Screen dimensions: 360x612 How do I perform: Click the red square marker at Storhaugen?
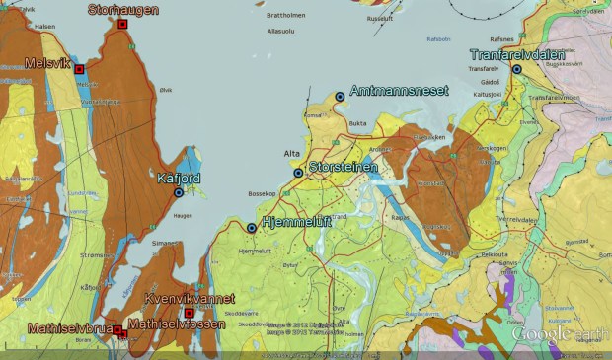pos(122,24)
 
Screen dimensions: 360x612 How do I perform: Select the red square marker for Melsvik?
pos(79,69)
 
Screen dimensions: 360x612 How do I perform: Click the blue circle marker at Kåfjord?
pos(179,192)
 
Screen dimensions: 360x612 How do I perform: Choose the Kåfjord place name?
pos(179,179)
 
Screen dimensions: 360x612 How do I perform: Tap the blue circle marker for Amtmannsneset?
pos(340,96)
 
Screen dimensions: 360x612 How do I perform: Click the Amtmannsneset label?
pos(394,89)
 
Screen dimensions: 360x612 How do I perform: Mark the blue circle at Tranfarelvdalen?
pos(516,69)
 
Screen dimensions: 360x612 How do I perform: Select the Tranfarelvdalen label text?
pos(517,55)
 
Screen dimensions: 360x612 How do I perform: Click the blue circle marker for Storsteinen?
pos(298,173)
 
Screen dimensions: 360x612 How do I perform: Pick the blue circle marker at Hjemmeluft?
pos(252,228)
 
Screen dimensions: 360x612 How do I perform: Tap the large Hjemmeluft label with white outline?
pos(295,223)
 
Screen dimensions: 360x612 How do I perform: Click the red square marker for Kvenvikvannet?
pos(190,313)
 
